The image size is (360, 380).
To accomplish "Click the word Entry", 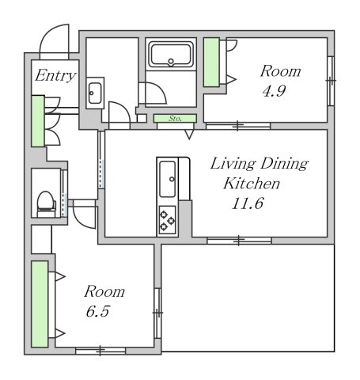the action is coord(55,76).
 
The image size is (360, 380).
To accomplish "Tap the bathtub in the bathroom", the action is coord(171,54).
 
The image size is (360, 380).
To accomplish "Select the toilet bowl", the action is coord(46,203).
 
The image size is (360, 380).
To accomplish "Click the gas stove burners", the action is coord(168,219).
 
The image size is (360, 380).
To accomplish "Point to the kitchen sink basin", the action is coord(167,179).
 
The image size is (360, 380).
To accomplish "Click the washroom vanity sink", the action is coord(95,93).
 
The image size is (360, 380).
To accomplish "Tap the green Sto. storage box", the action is coord(175,119).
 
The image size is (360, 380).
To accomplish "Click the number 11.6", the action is coord(248,203).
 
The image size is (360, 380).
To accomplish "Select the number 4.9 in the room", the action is coord(274,91).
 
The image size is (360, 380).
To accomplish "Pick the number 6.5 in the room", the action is coord(97,311).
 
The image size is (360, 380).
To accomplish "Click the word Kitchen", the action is coord(252,184).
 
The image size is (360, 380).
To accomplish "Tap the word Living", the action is coord(233,164).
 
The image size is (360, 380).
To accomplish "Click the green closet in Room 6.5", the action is coord(40,304).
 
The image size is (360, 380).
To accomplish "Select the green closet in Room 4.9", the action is coord(211,63).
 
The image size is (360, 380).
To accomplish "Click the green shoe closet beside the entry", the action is coord(38,121).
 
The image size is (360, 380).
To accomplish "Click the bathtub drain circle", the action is coord(171,62).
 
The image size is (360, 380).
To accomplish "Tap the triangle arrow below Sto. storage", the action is coord(189,135).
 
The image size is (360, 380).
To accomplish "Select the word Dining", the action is coord(284,164).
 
